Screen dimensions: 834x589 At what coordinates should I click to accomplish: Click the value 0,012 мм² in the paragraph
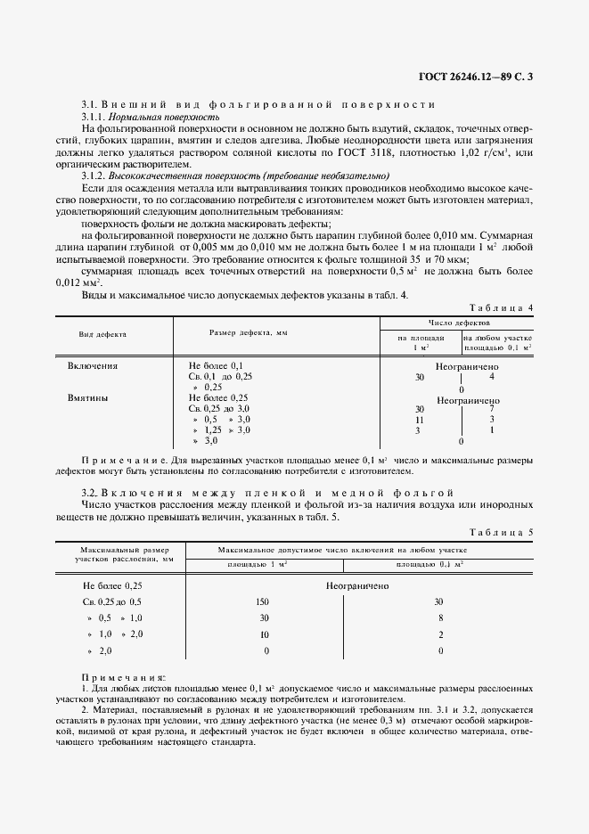click(98, 282)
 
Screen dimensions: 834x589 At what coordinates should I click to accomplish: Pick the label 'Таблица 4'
click(506, 307)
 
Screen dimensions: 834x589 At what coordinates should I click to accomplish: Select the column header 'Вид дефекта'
click(103, 334)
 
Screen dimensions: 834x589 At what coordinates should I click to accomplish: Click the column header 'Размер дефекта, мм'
click(249, 331)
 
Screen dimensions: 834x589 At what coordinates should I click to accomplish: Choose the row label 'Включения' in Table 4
click(93, 365)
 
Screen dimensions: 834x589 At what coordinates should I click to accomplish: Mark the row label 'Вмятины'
click(88, 398)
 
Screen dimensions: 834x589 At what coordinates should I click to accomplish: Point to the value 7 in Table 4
click(491, 408)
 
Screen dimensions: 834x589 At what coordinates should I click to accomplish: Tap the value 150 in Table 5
click(262, 602)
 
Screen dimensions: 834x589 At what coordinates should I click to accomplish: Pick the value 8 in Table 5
click(440, 618)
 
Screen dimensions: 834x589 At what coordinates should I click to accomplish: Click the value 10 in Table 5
click(263, 634)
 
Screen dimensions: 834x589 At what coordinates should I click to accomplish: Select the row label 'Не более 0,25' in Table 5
click(112, 585)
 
